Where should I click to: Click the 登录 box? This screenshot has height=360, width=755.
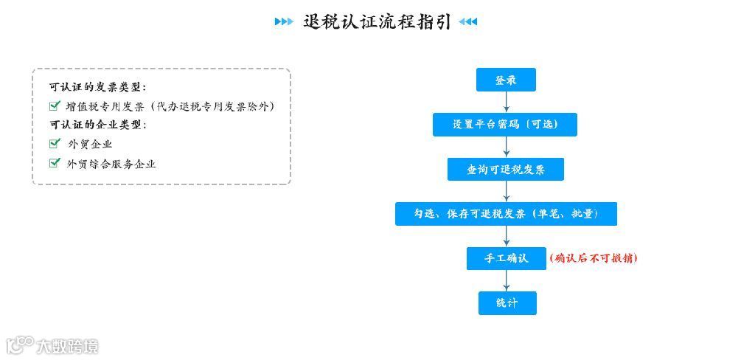[506, 80]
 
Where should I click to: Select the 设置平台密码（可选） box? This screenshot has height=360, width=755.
[504, 125]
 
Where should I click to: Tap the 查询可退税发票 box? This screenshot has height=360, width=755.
[505, 170]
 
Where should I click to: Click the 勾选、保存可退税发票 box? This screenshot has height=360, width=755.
[506, 214]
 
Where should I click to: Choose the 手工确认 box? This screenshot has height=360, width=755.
[506, 258]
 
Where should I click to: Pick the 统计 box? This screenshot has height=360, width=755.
[507, 303]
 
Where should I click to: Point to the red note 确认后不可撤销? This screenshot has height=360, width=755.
[594, 258]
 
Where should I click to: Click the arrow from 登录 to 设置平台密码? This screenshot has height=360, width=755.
[506, 103]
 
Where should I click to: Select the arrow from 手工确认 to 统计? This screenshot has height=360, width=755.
[506, 281]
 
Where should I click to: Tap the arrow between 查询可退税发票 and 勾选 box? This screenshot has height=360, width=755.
[506, 192]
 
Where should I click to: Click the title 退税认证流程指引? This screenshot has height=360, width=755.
[376, 21]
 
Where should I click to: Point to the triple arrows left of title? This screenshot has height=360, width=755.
[284, 21]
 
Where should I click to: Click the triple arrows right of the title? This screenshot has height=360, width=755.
[467, 21]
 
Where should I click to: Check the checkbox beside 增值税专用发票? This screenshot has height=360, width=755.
[55, 105]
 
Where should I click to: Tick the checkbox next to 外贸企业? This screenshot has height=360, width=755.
[55, 143]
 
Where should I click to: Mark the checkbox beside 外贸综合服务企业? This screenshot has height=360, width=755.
[55, 163]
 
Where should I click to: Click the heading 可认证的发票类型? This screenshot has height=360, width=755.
[97, 87]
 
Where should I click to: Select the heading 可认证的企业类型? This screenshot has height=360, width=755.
[97, 125]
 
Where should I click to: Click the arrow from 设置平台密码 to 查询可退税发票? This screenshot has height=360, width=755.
[506, 148]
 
